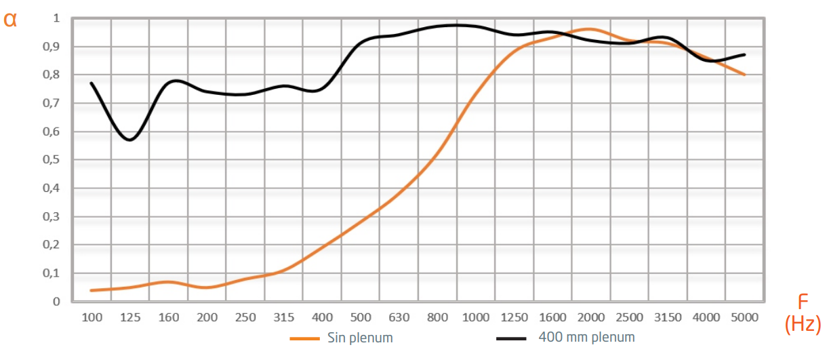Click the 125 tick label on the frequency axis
pyautogui.click(x=130, y=317)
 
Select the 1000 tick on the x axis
pyautogui.click(x=476, y=317)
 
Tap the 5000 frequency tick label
pyautogui.click(x=744, y=317)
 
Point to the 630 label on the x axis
pyautogui.click(x=399, y=317)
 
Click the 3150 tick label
pyautogui.click(x=668, y=317)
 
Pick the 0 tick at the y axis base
pyautogui.click(x=57, y=302)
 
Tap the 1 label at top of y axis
pyautogui.click(x=57, y=18)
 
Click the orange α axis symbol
pyautogui.click(x=10, y=19)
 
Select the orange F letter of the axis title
pyautogui.click(x=803, y=301)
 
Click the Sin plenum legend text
pyautogui.click(x=360, y=338)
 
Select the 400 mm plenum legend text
pyautogui.click(x=586, y=337)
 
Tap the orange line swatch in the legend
pyautogui.click(x=304, y=338)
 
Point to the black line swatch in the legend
pyautogui.click(x=512, y=338)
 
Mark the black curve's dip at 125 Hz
pyautogui.click(x=130, y=140)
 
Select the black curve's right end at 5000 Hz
pyautogui.click(x=745, y=54)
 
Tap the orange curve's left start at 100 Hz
pyautogui.click(x=91, y=290)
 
